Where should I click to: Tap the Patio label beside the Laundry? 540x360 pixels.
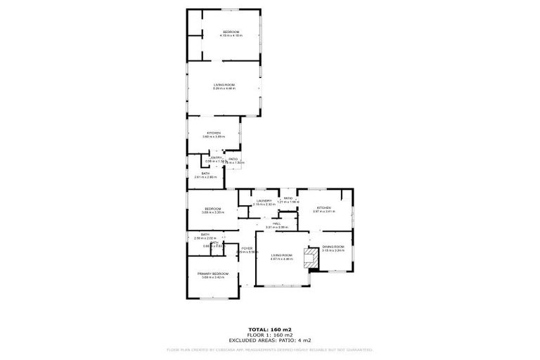[288, 200]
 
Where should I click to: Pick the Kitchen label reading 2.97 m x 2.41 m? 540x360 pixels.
[323, 209]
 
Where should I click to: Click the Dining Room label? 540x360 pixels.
[333, 247]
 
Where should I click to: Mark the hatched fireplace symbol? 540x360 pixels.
[309, 258]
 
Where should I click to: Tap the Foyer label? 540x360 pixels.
[247, 250]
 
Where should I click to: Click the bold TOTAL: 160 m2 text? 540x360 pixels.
[270, 328]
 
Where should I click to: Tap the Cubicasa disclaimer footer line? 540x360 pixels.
[270, 349]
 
